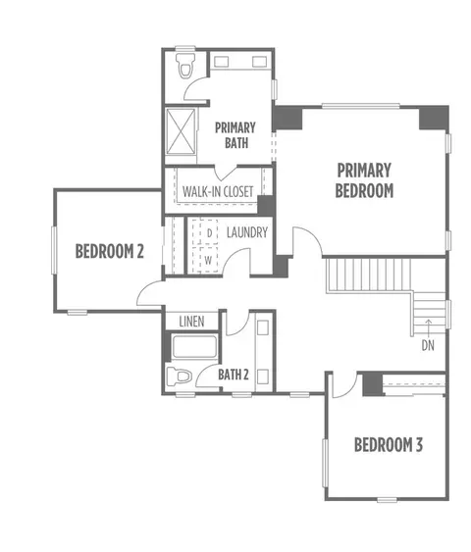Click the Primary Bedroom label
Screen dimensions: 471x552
coord(364,180)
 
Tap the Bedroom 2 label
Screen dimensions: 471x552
coord(110,251)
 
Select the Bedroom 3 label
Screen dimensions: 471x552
coord(389,444)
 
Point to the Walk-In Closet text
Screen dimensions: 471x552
coord(218,191)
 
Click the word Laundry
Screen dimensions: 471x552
coord(247,232)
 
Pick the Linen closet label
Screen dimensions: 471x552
coord(191,322)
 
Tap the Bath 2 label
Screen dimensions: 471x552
coord(234,375)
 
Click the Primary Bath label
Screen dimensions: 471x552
coord(235,135)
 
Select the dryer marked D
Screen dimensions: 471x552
coord(209,232)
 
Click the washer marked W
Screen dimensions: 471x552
coord(208,260)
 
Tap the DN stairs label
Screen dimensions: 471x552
coord(428,346)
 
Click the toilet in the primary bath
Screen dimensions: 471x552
coord(186,65)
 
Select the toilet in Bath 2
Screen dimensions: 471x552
coord(180,376)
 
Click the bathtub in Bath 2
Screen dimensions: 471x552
coord(194,347)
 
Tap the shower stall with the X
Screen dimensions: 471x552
coord(181,131)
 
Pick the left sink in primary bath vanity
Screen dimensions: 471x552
coord(221,62)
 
